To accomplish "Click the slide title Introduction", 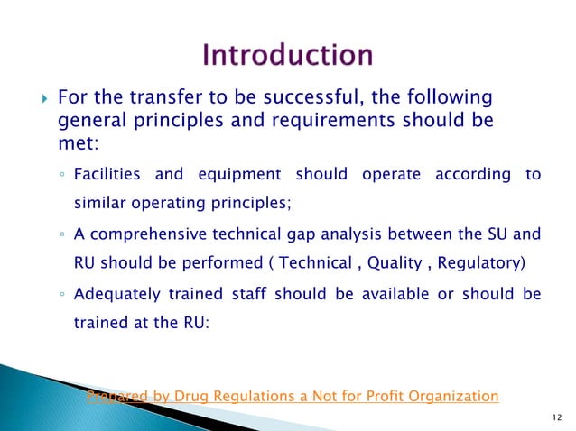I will point(288,56).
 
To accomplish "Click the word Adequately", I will point(112,295).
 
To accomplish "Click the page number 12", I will point(553,417).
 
